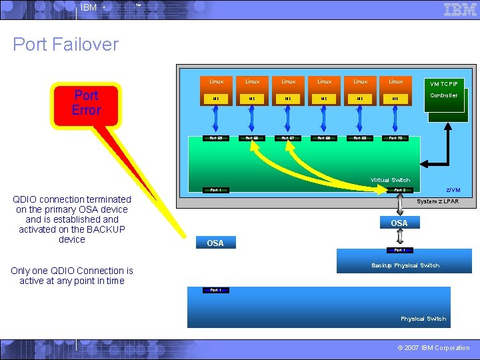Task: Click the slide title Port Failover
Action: tap(65, 45)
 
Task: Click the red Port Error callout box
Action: tap(86, 103)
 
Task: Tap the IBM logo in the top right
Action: tap(460, 9)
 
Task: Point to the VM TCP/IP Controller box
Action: tap(443, 95)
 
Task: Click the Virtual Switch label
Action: tap(390, 180)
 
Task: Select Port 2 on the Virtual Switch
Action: tap(399, 190)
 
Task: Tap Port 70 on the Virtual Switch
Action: tap(395, 139)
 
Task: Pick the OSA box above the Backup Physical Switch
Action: tap(399, 223)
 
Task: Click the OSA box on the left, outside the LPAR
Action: tap(215, 243)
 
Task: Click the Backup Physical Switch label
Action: tap(405, 265)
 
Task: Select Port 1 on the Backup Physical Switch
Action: tap(399, 250)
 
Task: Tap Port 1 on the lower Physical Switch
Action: tap(216, 290)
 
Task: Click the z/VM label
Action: tap(453, 190)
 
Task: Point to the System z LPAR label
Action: tap(437, 201)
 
